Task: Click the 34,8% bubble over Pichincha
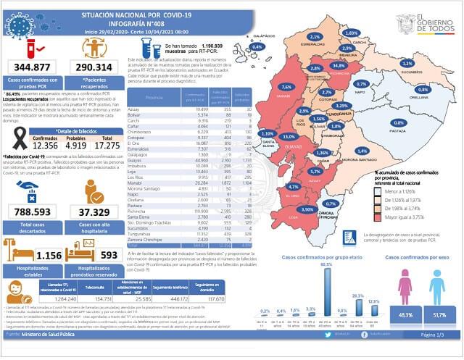tap(337, 65)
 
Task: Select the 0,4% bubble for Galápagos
tap(257, 46)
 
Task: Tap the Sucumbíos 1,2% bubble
tap(407, 63)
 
